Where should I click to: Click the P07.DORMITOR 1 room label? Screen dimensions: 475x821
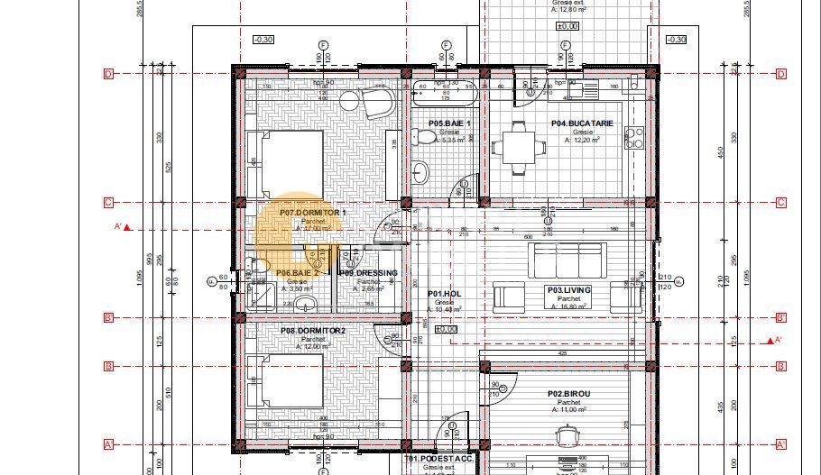312,213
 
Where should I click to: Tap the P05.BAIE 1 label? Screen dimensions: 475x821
449,123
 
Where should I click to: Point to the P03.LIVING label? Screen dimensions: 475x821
568,290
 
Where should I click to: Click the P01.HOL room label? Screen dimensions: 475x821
445,294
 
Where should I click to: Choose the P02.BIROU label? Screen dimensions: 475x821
568,394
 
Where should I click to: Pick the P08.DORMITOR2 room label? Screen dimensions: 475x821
312,331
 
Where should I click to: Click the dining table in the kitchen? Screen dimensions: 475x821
518,146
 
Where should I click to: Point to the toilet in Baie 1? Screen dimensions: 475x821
422,136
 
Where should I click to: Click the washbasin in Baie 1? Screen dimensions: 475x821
421,170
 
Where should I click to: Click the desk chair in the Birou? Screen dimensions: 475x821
567,435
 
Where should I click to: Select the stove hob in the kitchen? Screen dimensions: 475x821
633,138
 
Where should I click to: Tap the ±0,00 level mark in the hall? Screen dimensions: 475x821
445,329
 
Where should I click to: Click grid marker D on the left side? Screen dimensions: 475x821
108,74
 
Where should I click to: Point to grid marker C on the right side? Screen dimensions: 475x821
780,203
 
